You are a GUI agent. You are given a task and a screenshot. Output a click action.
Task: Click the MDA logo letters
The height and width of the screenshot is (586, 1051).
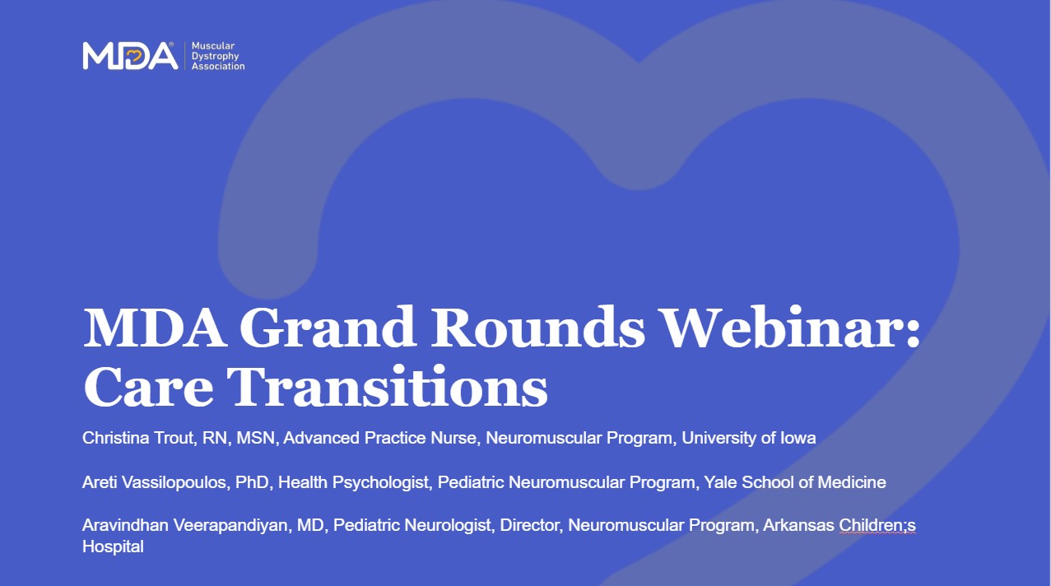click(x=130, y=56)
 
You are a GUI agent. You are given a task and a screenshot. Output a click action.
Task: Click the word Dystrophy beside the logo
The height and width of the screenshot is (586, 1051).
click(x=216, y=56)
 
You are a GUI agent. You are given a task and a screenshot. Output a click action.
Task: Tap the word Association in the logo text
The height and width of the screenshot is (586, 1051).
click(x=218, y=67)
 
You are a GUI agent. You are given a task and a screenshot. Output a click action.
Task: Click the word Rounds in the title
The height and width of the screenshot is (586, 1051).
click(x=538, y=327)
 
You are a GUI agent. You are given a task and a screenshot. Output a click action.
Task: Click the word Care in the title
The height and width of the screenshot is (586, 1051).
click(x=148, y=387)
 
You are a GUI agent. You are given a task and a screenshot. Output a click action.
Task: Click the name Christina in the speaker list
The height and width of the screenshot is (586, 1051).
click(x=115, y=438)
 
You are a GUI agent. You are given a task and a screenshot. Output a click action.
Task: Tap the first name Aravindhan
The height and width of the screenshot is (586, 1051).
click(x=125, y=525)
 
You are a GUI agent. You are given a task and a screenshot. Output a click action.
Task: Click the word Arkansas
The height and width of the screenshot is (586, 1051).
click(x=798, y=525)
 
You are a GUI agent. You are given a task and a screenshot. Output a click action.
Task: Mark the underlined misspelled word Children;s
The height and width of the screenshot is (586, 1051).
click(x=877, y=525)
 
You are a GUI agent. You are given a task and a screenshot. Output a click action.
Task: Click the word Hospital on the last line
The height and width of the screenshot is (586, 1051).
click(x=113, y=547)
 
